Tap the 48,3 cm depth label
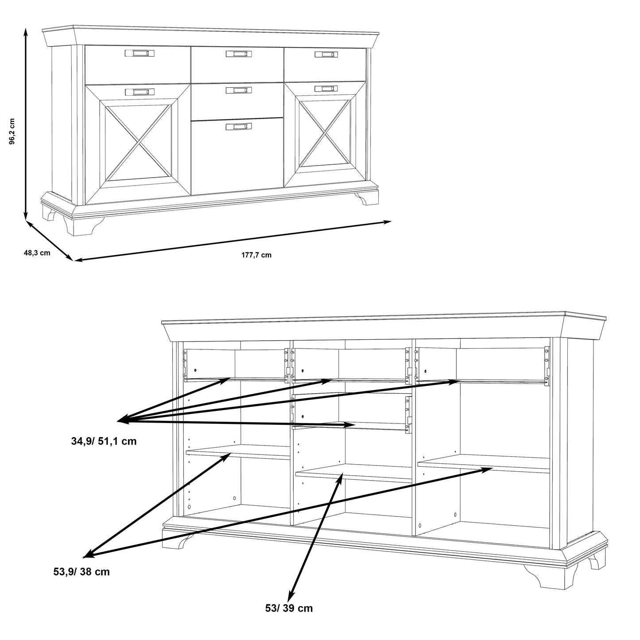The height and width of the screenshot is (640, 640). [37, 253]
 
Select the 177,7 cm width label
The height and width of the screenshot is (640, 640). [256, 255]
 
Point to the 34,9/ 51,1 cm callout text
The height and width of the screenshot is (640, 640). [104, 441]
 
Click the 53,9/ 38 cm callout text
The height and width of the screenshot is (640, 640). [81, 572]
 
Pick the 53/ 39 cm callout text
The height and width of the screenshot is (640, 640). [289, 608]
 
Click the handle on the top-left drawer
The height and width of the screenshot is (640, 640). [140, 53]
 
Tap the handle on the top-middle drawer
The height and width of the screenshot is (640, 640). [238, 54]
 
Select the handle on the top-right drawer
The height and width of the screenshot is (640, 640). [326, 54]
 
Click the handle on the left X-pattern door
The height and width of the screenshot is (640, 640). [140, 92]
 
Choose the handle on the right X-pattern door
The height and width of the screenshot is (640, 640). [326, 88]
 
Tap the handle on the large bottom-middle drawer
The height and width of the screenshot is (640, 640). [238, 126]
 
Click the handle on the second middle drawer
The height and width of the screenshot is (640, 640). [238, 90]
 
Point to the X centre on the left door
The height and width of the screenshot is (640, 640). [139, 143]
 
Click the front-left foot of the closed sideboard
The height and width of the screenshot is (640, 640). [84, 226]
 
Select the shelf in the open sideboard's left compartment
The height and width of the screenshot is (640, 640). [238, 452]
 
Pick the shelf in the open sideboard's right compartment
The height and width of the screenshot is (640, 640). [483, 463]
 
